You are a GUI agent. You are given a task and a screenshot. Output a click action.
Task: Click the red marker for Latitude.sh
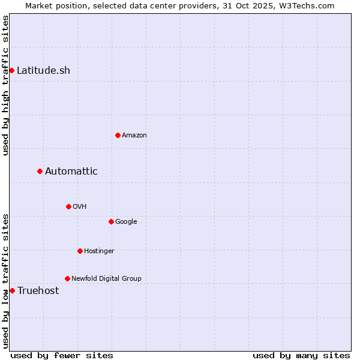point(11,71)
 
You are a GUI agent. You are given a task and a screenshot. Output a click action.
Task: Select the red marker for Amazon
point(118,135)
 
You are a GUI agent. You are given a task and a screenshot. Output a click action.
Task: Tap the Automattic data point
point(40,172)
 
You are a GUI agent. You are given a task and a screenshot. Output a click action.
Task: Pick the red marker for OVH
point(68,206)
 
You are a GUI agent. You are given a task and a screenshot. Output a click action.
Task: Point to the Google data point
point(111,221)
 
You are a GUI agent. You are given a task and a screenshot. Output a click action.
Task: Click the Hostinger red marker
point(80,251)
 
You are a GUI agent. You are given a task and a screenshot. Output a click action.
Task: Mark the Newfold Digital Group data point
point(67,278)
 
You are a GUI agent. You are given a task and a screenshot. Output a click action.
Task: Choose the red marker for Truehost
point(12,290)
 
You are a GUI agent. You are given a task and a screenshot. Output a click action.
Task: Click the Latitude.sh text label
point(43,71)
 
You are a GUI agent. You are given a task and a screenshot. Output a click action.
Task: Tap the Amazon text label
point(134,136)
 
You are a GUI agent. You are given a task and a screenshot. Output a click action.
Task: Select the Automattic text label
point(71,172)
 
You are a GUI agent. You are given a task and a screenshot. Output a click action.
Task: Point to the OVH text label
point(80,207)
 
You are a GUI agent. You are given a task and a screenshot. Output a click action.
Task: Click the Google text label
point(126,222)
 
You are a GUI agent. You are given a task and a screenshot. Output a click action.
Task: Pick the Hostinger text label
point(99,251)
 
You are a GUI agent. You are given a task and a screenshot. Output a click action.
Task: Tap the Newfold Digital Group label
point(106,278)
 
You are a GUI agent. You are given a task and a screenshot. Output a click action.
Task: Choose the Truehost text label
point(38,291)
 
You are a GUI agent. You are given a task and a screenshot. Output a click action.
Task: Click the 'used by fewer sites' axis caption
point(62,355)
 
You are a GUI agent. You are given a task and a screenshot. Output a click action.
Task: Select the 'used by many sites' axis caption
point(301,355)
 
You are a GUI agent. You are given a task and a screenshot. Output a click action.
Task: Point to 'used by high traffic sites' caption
point(5,85)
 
